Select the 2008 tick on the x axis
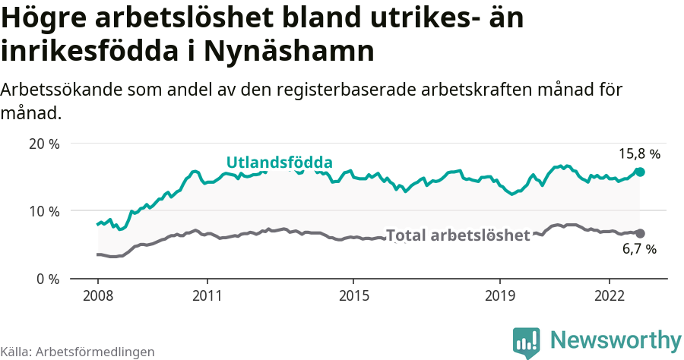[x=98, y=295]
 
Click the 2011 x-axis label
[x=207, y=295]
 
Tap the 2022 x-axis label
[x=609, y=295]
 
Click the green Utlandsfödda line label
[x=279, y=163]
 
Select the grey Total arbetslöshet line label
[x=458, y=235]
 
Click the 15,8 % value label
[x=639, y=153]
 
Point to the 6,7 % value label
[x=639, y=248]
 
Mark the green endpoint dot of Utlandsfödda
[x=640, y=172]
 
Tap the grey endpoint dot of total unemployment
[x=640, y=233]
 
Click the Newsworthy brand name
[x=616, y=339]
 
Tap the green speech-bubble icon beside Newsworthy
[x=527, y=342]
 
